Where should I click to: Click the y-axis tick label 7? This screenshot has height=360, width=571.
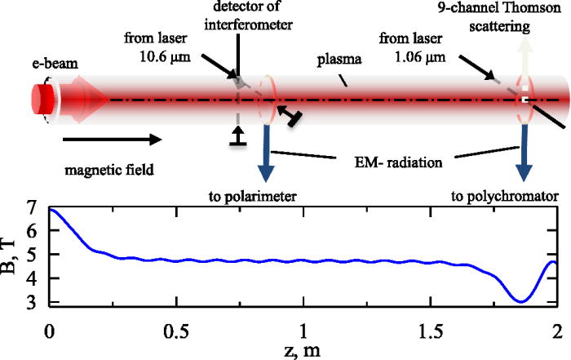click(31, 209)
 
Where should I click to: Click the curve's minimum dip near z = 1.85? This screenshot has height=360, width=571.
click(520, 302)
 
